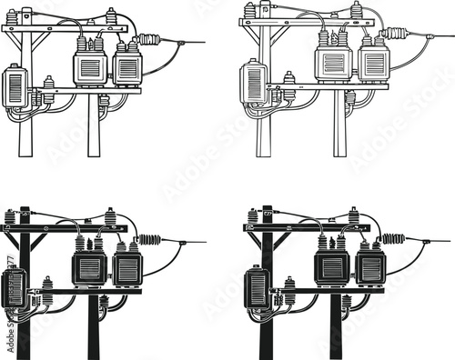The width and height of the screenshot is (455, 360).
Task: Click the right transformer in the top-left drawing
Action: click(x=126, y=67)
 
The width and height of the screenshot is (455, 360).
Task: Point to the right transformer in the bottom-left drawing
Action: click(x=126, y=268)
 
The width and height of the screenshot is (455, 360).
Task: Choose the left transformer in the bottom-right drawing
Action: click(x=332, y=266)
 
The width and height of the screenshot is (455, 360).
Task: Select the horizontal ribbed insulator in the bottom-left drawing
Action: click(x=149, y=241)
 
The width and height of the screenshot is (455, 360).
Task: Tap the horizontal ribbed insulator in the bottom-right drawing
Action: click(x=394, y=240)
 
